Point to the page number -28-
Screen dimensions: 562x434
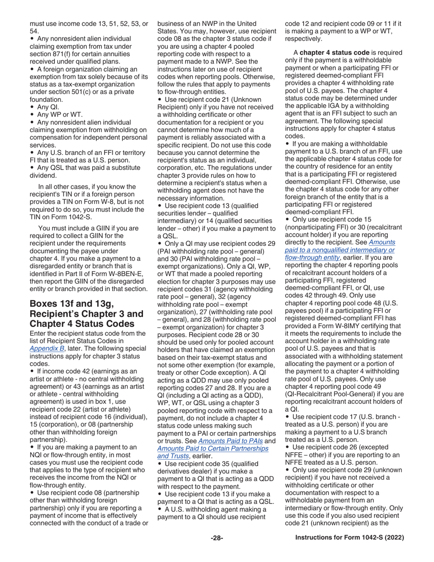217,538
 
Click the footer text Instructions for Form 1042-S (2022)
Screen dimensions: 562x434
350,538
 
